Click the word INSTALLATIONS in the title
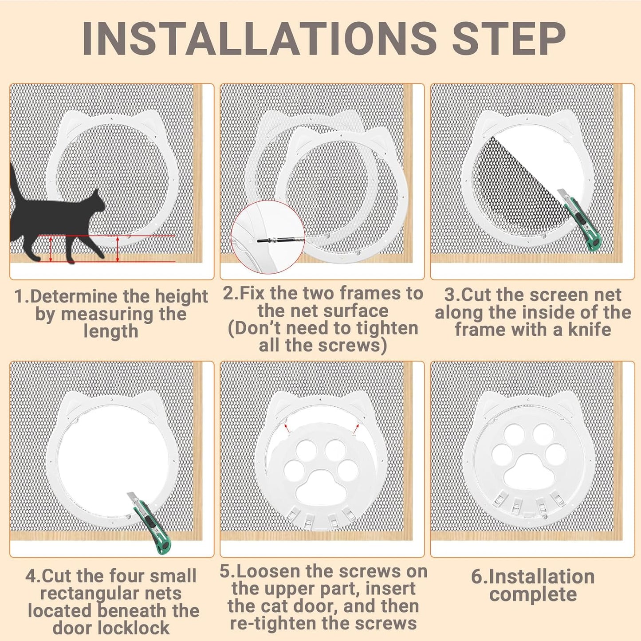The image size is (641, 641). point(259,39)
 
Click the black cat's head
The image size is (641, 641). point(96,201)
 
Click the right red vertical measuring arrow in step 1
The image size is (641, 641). point(118,249)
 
